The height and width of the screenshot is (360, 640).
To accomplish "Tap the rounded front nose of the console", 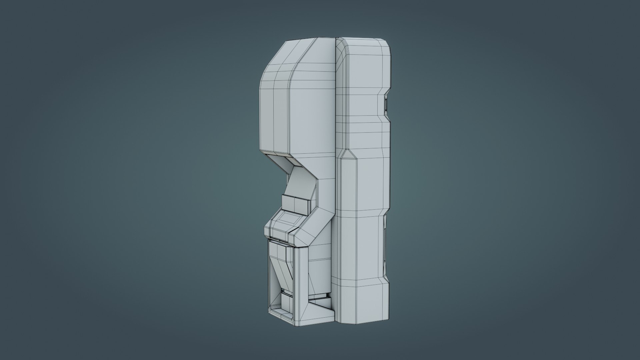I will tap(268, 230).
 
